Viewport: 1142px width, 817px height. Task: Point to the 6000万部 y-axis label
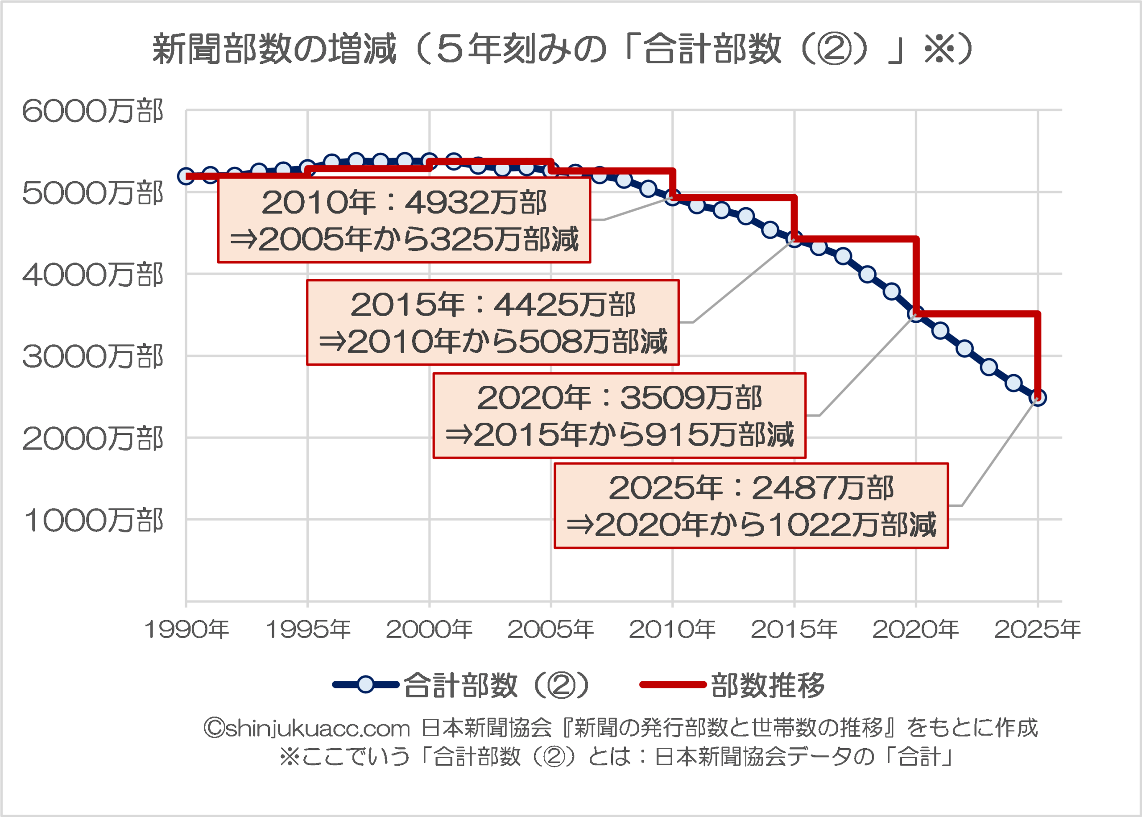pos(92,111)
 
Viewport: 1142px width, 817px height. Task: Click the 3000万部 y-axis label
pos(92,357)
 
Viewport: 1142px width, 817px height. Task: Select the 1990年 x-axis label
pos(186,629)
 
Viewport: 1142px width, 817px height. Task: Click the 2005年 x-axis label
pos(551,629)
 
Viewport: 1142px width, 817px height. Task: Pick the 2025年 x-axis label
pos(1038,629)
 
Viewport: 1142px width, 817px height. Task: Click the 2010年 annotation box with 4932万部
pos(404,220)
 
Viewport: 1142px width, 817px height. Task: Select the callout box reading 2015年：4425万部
pos(492,322)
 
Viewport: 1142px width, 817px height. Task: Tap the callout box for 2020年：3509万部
pos(619,416)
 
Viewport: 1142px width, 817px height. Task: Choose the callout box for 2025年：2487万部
pos(751,505)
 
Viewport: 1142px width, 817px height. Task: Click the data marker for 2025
pos(1038,398)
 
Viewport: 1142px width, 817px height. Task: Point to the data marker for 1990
pos(186,176)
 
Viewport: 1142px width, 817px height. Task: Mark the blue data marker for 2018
pos(868,275)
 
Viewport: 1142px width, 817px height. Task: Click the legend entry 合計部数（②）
pos(460,685)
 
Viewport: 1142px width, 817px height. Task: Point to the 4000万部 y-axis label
pos(92,275)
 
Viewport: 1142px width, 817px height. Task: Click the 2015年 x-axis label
pos(794,629)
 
